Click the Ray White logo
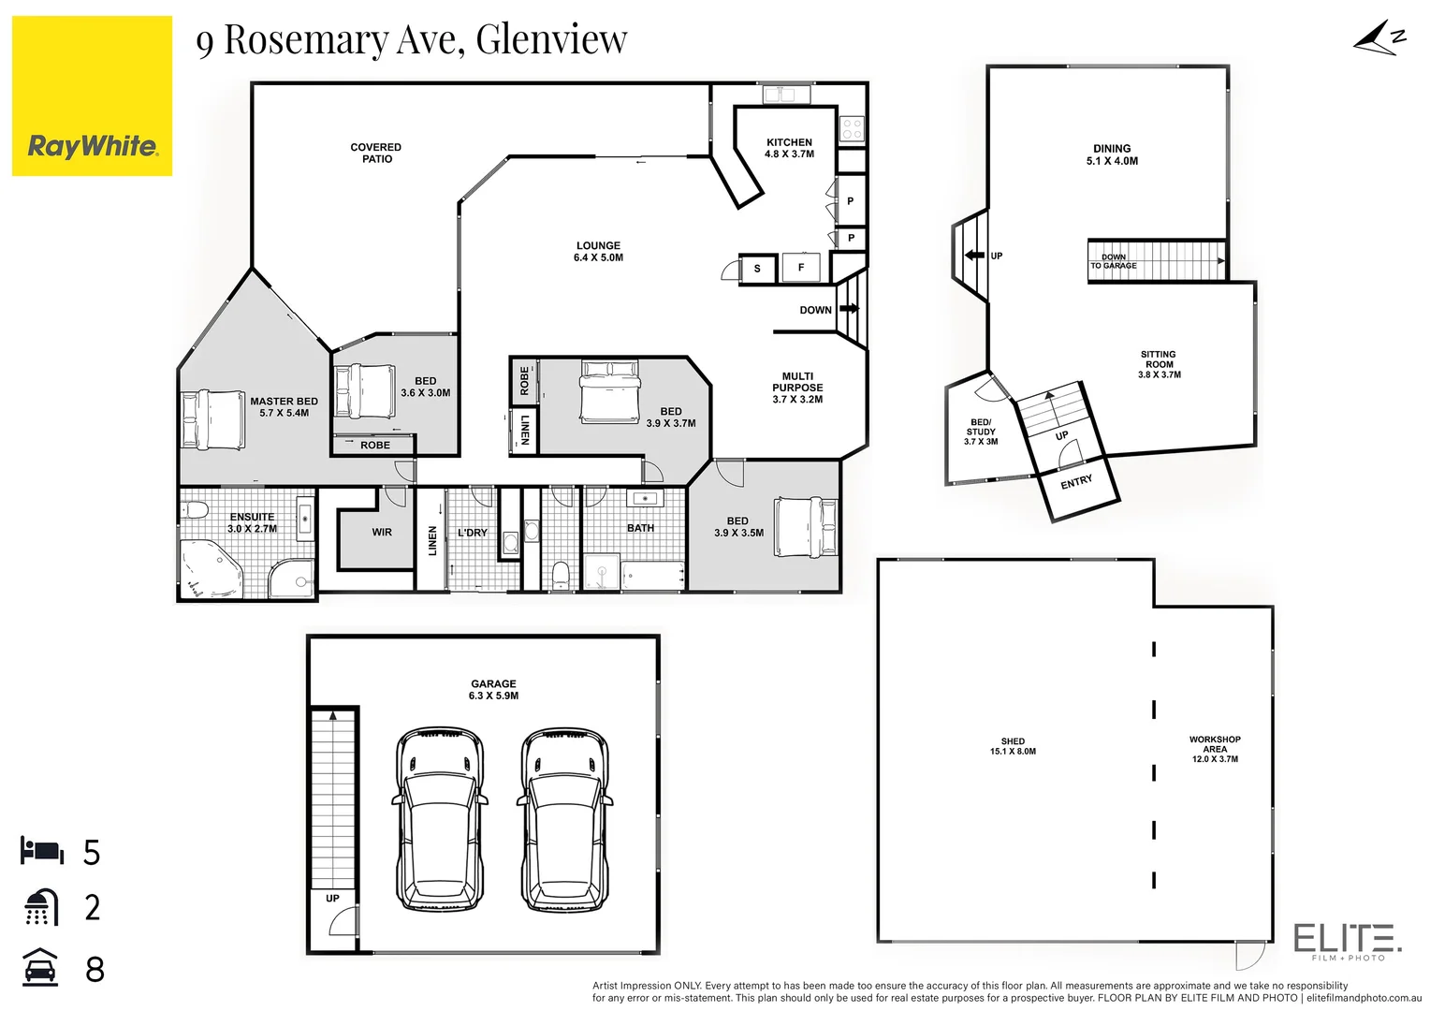pos(92,96)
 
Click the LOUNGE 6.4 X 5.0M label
pos(598,251)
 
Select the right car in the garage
pos(564,819)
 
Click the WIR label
pos(382,532)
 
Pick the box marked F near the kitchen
pos(801,268)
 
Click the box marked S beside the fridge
pos(757,269)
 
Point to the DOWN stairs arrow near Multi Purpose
pos(850,308)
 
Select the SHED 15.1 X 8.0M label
pos(1013,746)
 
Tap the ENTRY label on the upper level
pos(1076,482)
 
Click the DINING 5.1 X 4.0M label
pos(1112,154)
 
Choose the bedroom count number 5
pos(92,853)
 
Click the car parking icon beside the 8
pos(40,968)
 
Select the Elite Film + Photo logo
pos(1347,939)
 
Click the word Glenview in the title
pos(551,39)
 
